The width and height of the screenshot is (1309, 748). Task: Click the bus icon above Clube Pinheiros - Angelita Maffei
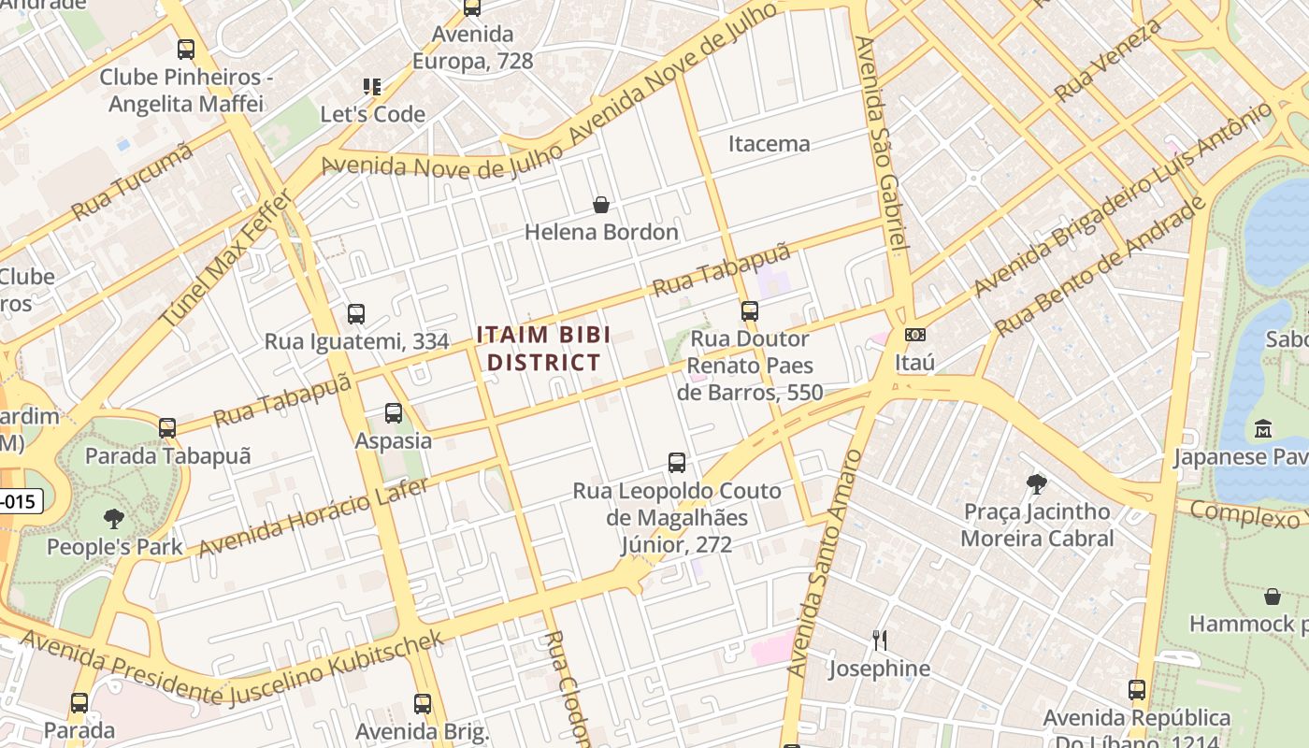click(x=185, y=49)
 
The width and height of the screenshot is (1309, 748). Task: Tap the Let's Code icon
click(x=372, y=87)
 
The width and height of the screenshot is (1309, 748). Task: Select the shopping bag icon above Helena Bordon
click(x=601, y=204)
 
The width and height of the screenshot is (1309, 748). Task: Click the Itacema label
click(x=769, y=144)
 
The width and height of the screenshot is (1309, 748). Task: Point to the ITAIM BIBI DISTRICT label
click(x=543, y=349)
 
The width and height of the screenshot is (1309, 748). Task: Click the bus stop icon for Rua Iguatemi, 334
click(x=355, y=314)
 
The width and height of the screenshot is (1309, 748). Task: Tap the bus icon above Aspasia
click(x=393, y=412)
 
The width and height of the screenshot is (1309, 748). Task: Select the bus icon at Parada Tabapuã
click(x=167, y=428)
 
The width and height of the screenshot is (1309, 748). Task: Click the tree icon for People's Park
click(x=114, y=519)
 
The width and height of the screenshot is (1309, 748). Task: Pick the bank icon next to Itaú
click(x=915, y=335)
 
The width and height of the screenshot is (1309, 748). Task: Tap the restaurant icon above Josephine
click(x=879, y=640)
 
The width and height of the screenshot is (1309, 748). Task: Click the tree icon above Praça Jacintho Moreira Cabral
click(x=1036, y=483)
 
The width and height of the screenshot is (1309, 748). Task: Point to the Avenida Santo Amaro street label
click(x=824, y=564)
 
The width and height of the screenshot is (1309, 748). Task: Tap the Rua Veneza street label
click(x=1109, y=60)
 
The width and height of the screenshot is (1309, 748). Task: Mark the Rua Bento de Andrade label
click(x=1100, y=268)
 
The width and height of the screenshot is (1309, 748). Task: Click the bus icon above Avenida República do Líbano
click(x=1136, y=690)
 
